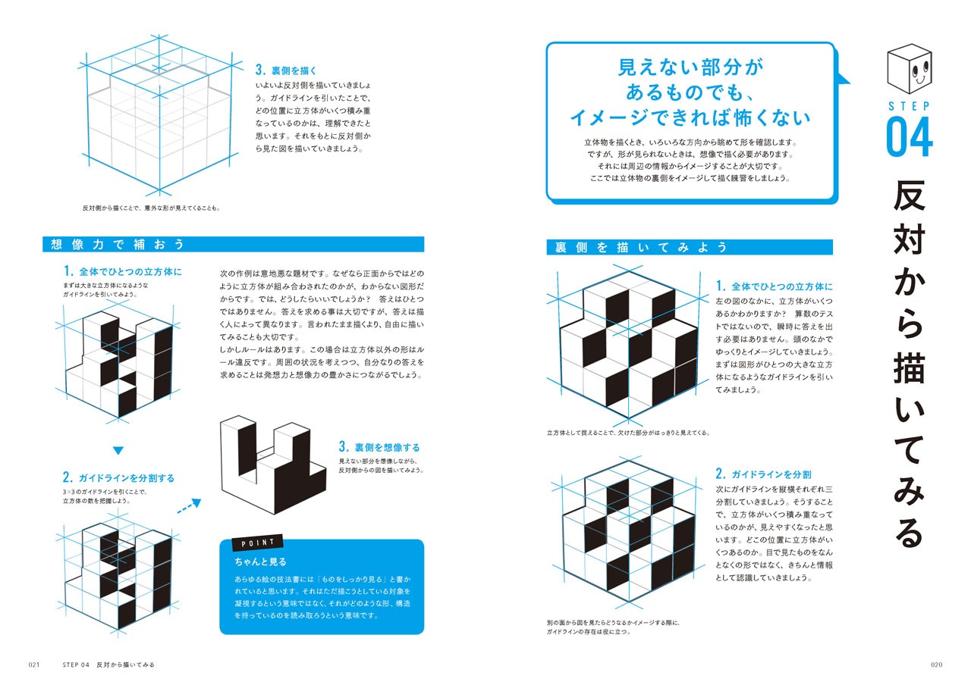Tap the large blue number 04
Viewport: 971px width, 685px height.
click(x=910, y=137)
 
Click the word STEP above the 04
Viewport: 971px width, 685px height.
click(x=909, y=106)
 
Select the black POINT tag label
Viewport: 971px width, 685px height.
click(x=257, y=543)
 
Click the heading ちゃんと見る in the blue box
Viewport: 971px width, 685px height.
click(x=260, y=561)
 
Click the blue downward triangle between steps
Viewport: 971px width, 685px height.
click(x=118, y=450)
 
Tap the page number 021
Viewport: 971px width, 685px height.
click(x=34, y=665)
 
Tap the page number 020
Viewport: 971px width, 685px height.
click(x=936, y=665)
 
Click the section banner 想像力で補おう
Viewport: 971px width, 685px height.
click(x=233, y=244)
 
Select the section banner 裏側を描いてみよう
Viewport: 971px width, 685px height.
click(x=690, y=247)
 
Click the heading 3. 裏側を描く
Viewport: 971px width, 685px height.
click(x=286, y=70)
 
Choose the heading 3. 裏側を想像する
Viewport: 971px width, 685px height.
click(x=379, y=447)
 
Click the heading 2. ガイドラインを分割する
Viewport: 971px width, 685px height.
click(x=118, y=477)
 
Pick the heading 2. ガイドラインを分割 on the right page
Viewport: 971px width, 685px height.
click(x=763, y=474)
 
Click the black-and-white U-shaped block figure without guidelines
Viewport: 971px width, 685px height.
click(x=273, y=464)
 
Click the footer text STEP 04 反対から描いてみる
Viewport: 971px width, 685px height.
click(x=108, y=665)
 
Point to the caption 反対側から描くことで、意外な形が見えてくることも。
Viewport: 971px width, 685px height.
click(x=152, y=208)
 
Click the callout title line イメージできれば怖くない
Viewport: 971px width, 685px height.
click(x=690, y=117)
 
